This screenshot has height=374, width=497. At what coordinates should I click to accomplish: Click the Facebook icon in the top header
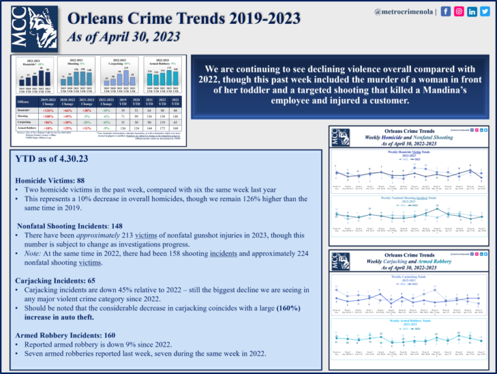pyautogui.click(x=446, y=11)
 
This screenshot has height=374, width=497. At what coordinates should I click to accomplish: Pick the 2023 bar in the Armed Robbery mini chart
pyautogui.click(x=177, y=76)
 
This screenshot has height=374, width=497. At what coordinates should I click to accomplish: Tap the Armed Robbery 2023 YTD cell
pyautogui.click(x=175, y=129)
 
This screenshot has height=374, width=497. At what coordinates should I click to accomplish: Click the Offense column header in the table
pyautogui.click(x=23, y=102)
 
